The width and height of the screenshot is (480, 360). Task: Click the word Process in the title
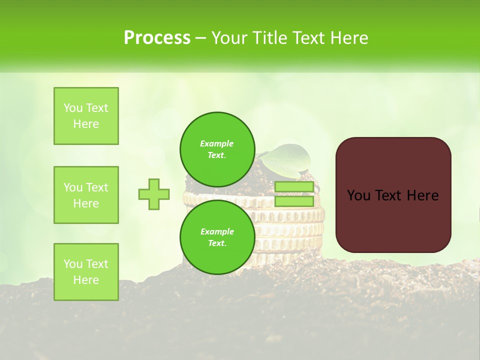[x=157, y=38]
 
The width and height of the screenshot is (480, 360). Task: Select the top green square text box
[x=86, y=116]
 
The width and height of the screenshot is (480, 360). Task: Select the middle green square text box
[x=86, y=195]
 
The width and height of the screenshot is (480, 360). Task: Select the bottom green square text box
[x=86, y=272]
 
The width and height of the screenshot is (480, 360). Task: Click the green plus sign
[x=154, y=194]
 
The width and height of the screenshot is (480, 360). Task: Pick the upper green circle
[x=217, y=149]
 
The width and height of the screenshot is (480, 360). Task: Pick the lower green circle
[x=217, y=237]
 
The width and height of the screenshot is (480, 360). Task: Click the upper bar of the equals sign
[x=294, y=187]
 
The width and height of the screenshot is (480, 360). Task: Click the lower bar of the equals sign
[x=294, y=201]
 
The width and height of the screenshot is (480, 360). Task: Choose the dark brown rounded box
[x=393, y=195]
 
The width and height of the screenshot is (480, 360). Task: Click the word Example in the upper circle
[x=217, y=143]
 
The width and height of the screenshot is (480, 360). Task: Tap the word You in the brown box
[x=358, y=195]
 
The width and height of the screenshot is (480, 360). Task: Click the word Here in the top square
[x=86, y=124]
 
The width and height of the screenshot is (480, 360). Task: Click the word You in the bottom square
[x=73, y=264]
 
